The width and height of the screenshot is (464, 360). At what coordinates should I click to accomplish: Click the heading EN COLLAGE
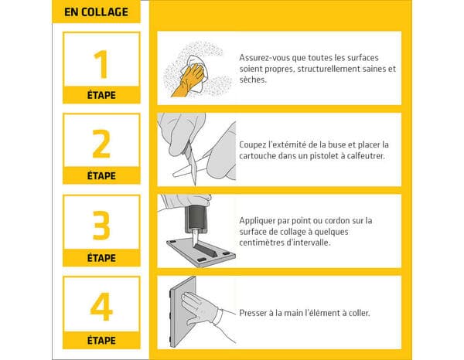(x=96, y=12)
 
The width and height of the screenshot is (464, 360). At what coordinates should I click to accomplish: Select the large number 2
(x=101, y=144)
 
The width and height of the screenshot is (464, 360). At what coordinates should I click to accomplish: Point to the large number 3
(x=101, y=225)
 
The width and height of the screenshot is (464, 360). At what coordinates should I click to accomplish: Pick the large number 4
(x=101, y=307)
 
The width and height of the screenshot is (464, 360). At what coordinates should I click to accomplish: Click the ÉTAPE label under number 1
(x=101, y=96)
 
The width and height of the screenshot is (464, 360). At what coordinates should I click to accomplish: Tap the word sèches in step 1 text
(x=253, y=79)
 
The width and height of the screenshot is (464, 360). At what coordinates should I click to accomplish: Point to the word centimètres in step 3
(x=267, y=242)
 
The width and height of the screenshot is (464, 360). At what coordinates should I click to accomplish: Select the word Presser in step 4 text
(x=254, y=313)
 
